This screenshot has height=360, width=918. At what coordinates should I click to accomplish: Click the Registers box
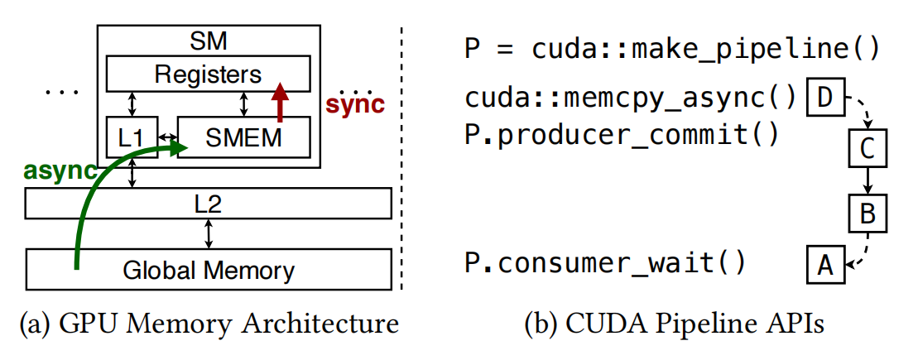208,74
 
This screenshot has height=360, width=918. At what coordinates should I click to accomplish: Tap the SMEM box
245,138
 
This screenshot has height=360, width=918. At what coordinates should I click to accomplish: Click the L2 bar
208,204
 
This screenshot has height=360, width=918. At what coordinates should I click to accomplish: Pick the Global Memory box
208,269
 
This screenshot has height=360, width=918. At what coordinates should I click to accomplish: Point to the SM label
208,39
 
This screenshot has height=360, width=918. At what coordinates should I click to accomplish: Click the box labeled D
824,98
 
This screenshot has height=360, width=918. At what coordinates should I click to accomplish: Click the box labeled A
824,265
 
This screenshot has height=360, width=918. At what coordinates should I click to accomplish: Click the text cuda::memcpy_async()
630,98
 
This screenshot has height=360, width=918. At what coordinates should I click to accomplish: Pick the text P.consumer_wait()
605,264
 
